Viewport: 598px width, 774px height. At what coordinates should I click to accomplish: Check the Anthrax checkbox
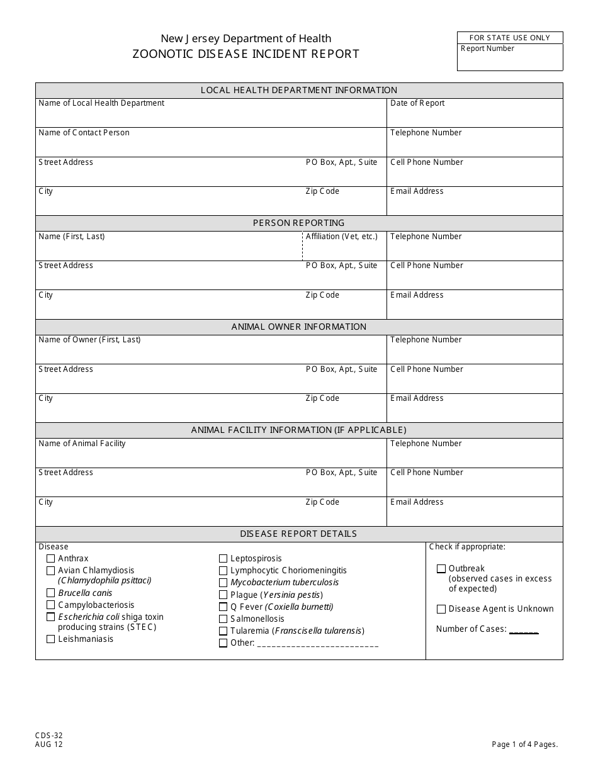click(51, 559)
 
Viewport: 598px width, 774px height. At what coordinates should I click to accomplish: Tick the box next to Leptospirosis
click(223, 559)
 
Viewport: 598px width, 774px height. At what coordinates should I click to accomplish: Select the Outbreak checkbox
click(441, 569)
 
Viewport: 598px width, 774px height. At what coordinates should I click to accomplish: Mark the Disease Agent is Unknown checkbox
click(441, 609)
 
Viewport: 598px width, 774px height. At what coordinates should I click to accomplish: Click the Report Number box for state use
click(510, 57)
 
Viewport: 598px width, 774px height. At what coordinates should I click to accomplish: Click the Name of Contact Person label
click(84, 133)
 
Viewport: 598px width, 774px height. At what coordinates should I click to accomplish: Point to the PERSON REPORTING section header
click(299, 223)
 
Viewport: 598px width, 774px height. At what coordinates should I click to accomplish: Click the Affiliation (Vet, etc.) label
click(342, 237)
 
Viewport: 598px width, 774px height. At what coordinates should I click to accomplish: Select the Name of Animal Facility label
click(82, 444)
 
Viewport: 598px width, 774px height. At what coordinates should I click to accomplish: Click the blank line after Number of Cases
click(524, 630)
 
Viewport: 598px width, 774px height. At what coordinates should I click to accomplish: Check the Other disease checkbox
click(223, 643)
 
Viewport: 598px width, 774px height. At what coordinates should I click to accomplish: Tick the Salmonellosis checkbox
click(223, 619)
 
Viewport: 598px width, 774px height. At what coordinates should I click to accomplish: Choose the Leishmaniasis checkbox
click(51, 639)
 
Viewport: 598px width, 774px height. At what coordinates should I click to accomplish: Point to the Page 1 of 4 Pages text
click(525, 744)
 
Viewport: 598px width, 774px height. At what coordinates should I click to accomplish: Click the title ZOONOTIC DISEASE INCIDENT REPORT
click(246, 54)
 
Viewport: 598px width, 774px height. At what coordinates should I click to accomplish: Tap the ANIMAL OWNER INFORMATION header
click(299, 327)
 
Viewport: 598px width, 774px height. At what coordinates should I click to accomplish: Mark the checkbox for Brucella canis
click(51, 593)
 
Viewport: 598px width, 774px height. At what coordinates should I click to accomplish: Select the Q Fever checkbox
click(223, 607)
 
